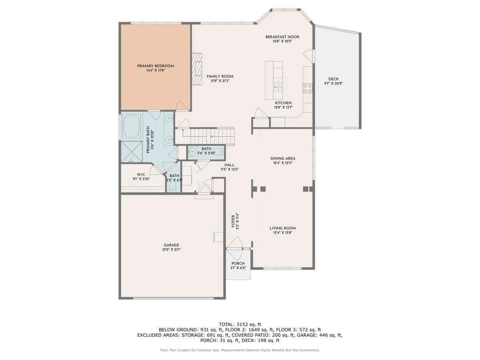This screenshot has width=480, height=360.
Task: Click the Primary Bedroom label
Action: point(156,66)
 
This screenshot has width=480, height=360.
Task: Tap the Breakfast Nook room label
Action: point(282,37)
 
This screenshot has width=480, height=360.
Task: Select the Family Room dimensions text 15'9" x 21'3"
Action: point(220,81)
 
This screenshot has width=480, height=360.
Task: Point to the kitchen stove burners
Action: point(308,88)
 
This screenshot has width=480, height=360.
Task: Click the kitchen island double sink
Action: point(278,87)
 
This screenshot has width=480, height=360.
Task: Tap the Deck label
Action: point(334,79)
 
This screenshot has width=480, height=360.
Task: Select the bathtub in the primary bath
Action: point(131,126)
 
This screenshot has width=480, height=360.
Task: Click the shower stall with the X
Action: point(132,152)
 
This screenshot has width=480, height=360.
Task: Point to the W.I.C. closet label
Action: point(141,175)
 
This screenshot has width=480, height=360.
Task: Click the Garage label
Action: point(172,245)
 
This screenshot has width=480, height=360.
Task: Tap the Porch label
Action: point(238,264)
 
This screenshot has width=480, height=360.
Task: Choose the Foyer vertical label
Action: point(233,221)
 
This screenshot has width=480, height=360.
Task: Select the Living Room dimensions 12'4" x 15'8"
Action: point(283,233)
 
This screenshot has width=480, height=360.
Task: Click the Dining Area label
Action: point(283,158)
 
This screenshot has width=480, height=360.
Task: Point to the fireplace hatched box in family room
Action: point(197,69)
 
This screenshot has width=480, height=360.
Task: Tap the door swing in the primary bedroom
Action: point(182,106)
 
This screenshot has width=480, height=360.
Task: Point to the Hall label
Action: point(229,165)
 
